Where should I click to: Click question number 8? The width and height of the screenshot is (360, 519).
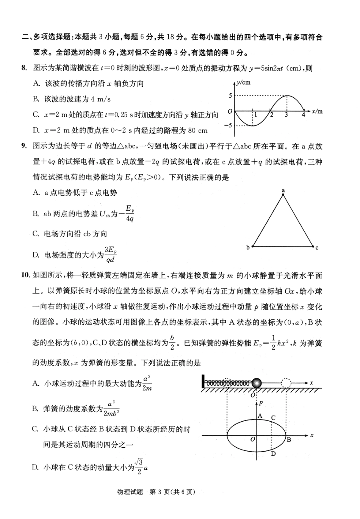pos(24,68)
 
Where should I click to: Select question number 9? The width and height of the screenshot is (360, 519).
pos(24,146)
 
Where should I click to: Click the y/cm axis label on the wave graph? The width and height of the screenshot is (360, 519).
pos(243,82)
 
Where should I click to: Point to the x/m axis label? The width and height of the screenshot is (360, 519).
pos(317,111)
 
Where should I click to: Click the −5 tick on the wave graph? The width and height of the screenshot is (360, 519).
pos(228,125)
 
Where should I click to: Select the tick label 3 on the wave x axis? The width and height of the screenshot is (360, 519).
pos(286,115)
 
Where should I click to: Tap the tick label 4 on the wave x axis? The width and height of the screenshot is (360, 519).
pos(304,115)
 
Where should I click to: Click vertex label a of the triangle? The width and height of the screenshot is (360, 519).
pos(283,191)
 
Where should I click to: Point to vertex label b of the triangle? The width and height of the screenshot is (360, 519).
pos(248,247)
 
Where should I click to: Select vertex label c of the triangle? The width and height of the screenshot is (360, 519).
pos(317,248)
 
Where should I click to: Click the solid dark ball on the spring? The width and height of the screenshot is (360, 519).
pos(257,383)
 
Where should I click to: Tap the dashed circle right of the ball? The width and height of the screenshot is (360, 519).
pos(286,383)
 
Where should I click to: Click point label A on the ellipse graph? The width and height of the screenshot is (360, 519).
pos(260,416)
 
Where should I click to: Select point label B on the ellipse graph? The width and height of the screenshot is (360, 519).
pos(289,440)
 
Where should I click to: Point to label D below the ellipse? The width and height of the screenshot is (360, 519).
pos(273,454)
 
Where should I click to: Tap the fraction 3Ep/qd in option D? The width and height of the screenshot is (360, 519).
pos(111,254)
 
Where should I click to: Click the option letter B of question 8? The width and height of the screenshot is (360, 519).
pos(36,99)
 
